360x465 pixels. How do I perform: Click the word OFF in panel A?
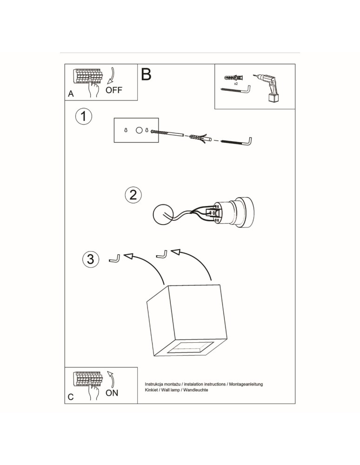[x=114, y=90]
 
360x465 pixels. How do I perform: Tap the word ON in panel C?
[x=112, y=393]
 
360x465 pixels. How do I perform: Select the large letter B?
[x=146, y=74]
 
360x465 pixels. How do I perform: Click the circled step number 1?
[x=84, y=116]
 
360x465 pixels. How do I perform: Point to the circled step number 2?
[x=133, y=194]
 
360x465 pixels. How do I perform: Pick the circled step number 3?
[x=90, y=259]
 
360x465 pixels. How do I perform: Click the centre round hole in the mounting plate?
[x=139, y=131]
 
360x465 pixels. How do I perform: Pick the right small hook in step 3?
[x=162, y=254]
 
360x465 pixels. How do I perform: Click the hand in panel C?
[x=93, y=392]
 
